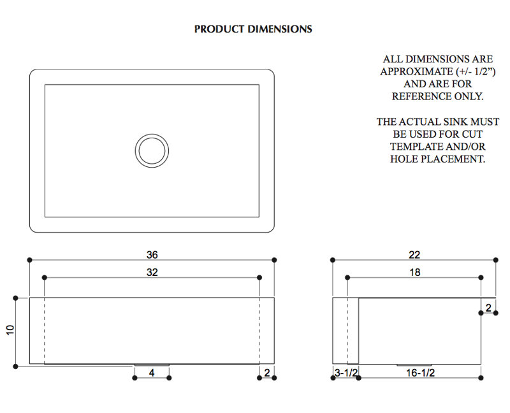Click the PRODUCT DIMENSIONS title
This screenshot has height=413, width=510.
point(253,29)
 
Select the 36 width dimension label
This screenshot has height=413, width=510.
point(152,255)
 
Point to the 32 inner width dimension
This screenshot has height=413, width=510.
point(152,272)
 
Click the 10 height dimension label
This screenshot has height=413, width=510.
point(10,330)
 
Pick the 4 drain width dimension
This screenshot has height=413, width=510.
point(152,373)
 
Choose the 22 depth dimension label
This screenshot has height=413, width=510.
point(414,255)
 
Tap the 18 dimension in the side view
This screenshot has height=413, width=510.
point(415,272)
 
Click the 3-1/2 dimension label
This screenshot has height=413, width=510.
point(346,373)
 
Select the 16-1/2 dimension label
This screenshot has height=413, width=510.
point(420,373)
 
